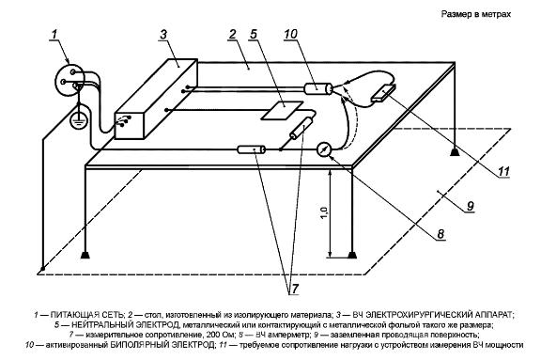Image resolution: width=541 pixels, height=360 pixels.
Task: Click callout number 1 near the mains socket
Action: pos(54,35)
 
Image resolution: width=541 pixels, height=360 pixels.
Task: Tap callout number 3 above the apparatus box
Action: pos(163,35)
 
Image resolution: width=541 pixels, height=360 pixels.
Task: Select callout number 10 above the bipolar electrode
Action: pos(290,34)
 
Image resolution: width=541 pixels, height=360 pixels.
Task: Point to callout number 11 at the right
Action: pos(503,172)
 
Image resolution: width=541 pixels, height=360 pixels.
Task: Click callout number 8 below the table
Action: pos(441,234)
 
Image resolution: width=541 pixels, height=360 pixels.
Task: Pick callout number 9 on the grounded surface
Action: pos(471,206)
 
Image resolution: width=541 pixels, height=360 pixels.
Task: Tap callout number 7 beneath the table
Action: pos(294,289)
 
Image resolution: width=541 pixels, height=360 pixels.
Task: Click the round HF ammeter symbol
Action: pos(324,149)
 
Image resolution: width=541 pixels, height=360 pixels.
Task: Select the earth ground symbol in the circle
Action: pos(79,121)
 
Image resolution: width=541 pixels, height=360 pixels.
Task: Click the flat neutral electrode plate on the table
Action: pos(282,110)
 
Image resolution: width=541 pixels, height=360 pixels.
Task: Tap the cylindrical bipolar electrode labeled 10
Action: pos(318,88)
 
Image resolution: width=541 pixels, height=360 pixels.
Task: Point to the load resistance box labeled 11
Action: pos(383,93)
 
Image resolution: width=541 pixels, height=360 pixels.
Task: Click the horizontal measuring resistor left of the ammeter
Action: pos(252,149)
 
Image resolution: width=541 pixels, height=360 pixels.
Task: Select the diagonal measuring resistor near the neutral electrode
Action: pos(301,129)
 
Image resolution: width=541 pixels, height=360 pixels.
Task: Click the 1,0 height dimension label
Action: pos(324,213)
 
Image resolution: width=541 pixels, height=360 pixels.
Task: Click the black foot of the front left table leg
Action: pos(85,255)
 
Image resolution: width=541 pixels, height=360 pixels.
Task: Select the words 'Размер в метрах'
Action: pos(476,14)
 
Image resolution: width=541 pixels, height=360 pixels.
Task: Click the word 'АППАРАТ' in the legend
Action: pos(494,315)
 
